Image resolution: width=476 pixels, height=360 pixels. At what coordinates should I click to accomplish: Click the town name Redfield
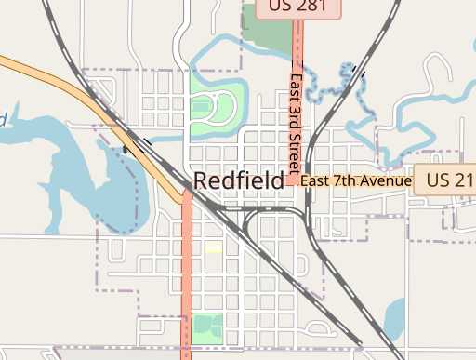(238, 180)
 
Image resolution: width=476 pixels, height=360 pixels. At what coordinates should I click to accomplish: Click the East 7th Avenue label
(355, 180)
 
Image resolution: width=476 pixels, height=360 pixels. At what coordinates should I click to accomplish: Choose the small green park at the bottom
(207, 327)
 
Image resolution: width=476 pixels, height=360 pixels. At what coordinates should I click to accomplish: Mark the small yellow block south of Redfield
(214, 247)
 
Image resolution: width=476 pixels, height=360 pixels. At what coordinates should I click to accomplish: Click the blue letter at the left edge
(3, 119)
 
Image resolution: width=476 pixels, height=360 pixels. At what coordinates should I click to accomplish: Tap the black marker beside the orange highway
(126, 149)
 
